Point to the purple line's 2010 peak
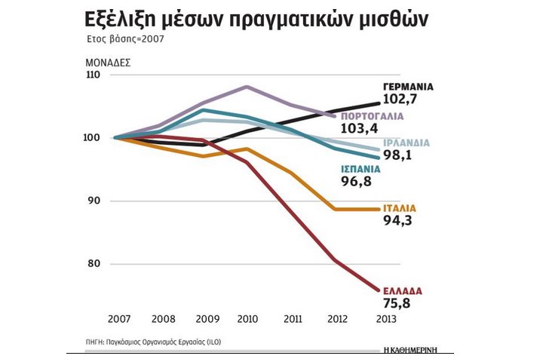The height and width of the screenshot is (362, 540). pyautogui.click(x=247, y=87)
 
